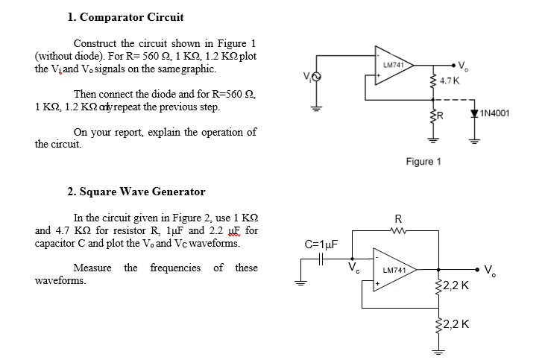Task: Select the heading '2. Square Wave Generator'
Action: click(136, 192)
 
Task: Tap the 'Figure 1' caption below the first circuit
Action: click(423, 162)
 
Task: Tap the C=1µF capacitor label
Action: click(322, 243)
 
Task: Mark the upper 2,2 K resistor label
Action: click(455, 285)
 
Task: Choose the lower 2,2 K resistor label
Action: click(455, 323)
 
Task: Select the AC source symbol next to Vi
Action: click(315, 77)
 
